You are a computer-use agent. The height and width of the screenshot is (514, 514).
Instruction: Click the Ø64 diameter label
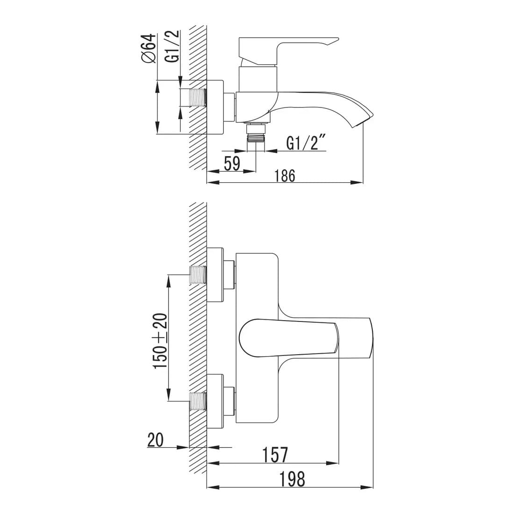click(148, 48)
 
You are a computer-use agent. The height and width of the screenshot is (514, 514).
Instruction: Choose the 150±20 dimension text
click(161, 341)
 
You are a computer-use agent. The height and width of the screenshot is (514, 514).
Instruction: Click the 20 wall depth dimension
click(156, 440)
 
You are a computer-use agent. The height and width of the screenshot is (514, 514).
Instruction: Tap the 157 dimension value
click(275, 455)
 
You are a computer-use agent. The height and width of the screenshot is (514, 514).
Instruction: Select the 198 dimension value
click(292, 479)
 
